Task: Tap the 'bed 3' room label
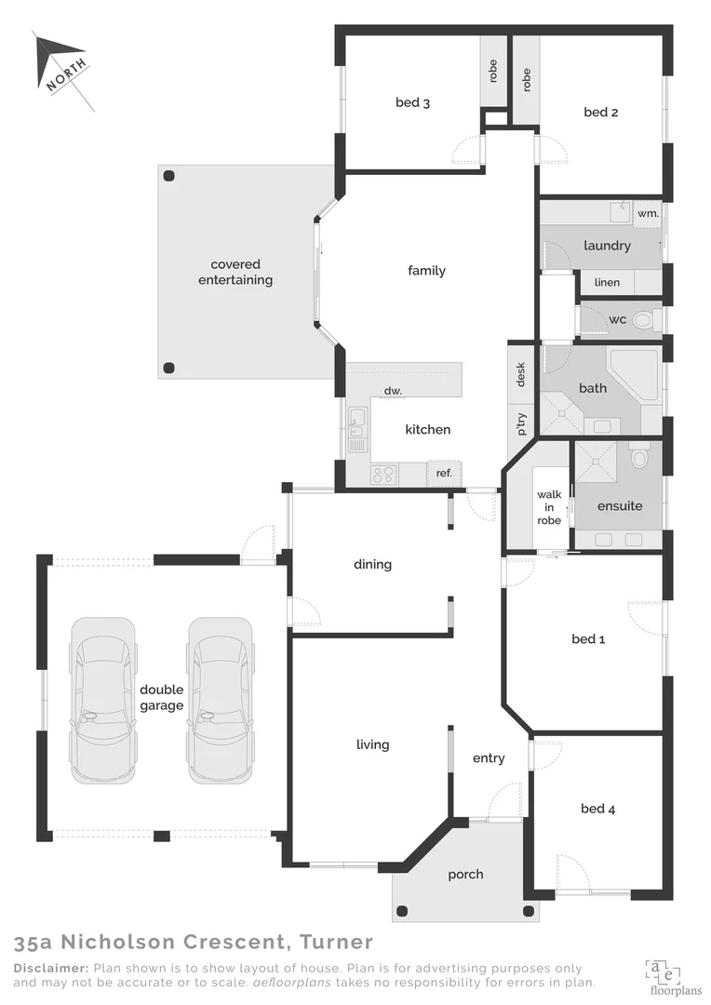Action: click(x=412, y=102)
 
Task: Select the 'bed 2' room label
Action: click(x=601, y=113)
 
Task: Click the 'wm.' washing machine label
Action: click(x=648, y=213)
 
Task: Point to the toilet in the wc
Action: click(x=643, y=320)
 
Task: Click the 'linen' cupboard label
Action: click(x=607, y=282)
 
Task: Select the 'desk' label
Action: click(x=521, y=374)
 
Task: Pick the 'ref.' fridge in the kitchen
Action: click(x=444, y=474)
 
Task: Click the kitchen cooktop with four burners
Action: click(x=383, y=475)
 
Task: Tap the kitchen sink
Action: click(x=356, y=429)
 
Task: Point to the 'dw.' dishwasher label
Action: click(x=393, y=391)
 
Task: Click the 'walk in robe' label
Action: click(x=549, y=508)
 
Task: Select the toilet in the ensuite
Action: click(x=638, y=457)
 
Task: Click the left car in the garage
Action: click(x=102, y=698)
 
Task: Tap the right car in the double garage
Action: click(x=220, y=698)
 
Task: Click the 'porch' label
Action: click(x=465, y=874)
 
